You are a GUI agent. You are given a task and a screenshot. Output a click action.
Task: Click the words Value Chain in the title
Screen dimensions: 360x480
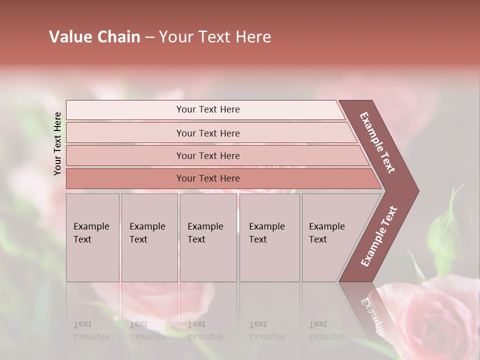point(94,36)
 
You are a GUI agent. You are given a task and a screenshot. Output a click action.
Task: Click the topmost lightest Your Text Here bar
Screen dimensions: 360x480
point(207,109)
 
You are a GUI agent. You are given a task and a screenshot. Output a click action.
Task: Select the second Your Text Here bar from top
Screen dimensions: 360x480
point(207,133)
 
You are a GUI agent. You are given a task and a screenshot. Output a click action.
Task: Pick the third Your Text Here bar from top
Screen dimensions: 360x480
point(207,155)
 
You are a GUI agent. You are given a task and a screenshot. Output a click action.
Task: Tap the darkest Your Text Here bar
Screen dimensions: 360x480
point(207,178)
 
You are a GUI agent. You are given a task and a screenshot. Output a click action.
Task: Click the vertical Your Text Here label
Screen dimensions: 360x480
point(57,143)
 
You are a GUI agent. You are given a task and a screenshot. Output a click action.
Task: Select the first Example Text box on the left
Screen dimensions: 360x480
point(92,237)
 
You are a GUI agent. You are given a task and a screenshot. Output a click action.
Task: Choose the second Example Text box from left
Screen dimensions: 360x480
point(149,237)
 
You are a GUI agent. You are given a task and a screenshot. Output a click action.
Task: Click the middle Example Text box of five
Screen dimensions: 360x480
point(208,237)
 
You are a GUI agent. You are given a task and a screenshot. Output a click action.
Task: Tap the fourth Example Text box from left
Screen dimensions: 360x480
point(269,237)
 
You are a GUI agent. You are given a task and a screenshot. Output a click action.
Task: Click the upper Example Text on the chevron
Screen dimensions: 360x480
point(377,142)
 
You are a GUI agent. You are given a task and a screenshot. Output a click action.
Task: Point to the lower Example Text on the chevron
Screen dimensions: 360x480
point(379,236)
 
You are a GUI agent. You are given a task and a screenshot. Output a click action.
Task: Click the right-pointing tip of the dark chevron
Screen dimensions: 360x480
point(415,191)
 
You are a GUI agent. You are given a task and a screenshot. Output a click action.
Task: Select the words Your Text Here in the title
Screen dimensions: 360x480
point(215,36)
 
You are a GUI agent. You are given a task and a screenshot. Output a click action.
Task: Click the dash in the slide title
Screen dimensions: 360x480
point(149,37)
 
